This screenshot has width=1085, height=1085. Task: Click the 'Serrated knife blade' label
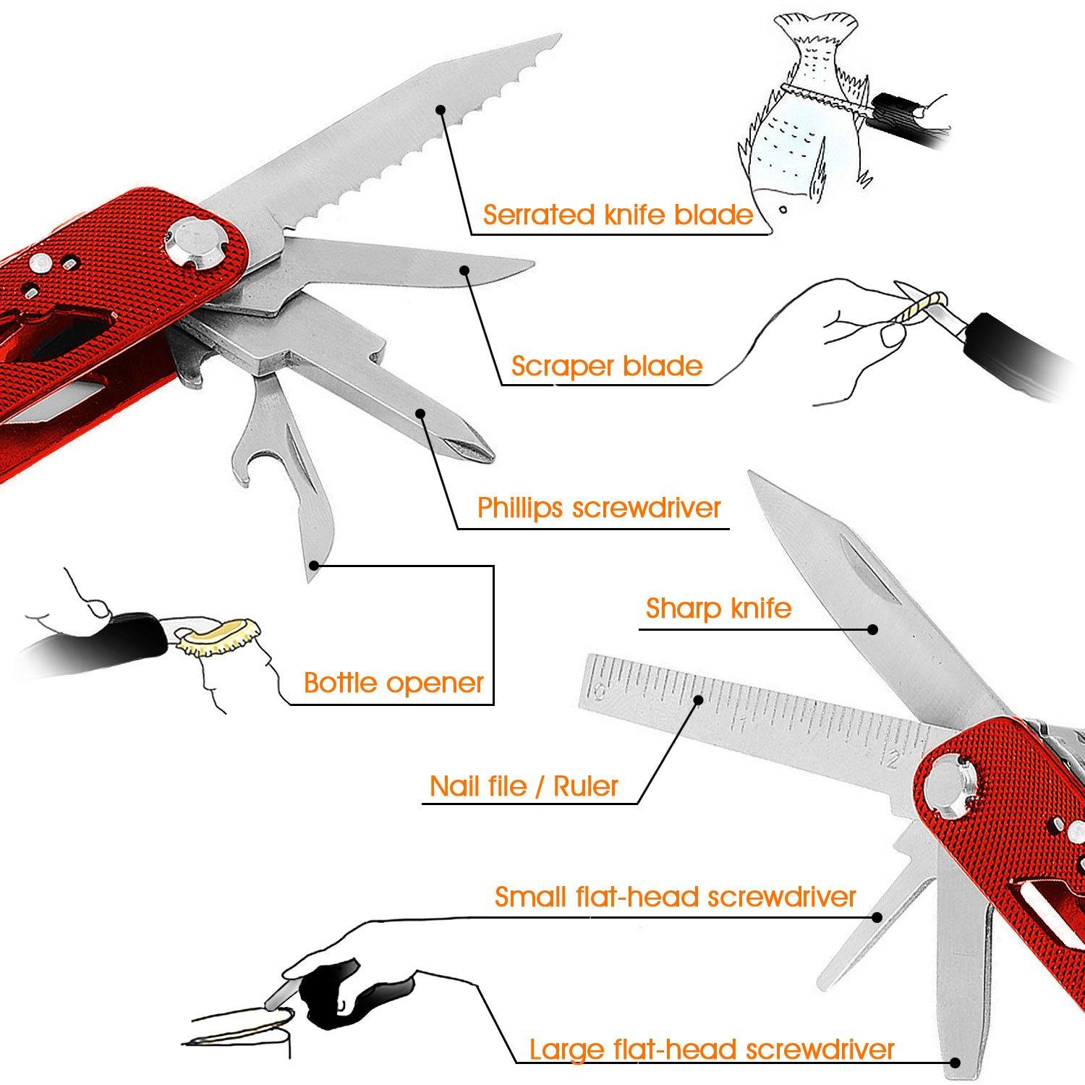tap(618, 215)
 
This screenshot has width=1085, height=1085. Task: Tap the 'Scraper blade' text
tap(606, 366)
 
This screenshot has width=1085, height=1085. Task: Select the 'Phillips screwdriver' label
tap(599, 508)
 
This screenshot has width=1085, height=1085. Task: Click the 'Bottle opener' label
tap(393, 683)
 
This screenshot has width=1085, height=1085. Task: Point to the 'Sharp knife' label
tap(718, 608)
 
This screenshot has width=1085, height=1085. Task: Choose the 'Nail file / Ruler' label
tap(524, 786)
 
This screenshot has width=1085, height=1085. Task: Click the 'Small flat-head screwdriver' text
tap(675, 897)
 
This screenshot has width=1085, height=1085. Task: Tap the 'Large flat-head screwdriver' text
tap(712, 1049)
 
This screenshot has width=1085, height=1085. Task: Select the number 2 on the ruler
tap(895, 759)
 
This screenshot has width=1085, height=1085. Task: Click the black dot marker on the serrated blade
tap(440, 109)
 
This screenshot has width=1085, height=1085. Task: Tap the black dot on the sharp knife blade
tap(874, 629)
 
